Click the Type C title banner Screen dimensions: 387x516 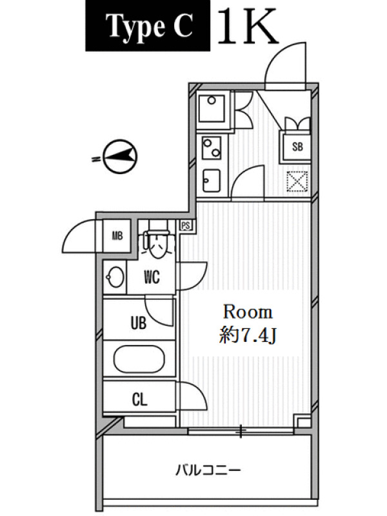pyautogui.click(x=148, y=26)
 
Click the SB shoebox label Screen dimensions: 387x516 pyautogui.click(x=297, y=146)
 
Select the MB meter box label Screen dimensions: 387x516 pyautogui.click(x=117, y=235)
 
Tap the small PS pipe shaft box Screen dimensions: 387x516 pyautogui.click(x=186, y=226)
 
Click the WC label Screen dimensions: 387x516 pyautogui.click(x=152, y=277)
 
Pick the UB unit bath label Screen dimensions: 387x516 pyautogui.click(x=139, y=323)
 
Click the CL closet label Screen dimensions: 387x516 pyautogui.click(x=139, y=399)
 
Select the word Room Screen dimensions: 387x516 pyautogui.click(x=248, y=312)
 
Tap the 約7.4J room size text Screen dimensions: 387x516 pyautogui.click(x=248, y=336)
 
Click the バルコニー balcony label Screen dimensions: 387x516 pyautogui.click(x=208, y=470)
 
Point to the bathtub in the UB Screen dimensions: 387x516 pyautogui.click(x=139, y=359)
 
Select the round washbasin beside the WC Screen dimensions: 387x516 pyautogui.click(x=115, y=277)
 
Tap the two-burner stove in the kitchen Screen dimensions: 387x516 pyautogui.click(x=212, y=148)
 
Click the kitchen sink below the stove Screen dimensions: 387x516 pyautogui.click(x=212, y=181)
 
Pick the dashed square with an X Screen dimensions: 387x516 pyautogui.click(x=297, y=182)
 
